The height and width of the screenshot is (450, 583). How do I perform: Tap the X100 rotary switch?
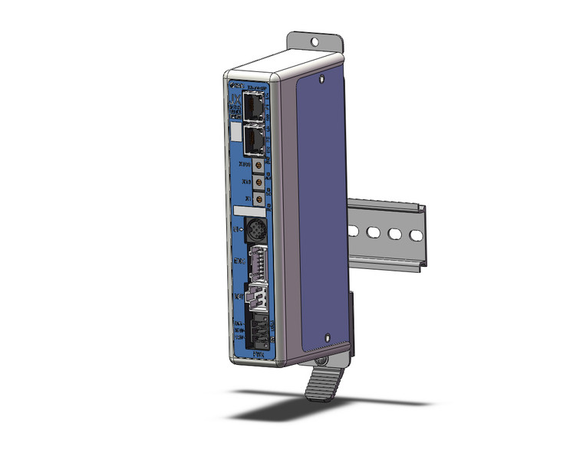coord(260,166)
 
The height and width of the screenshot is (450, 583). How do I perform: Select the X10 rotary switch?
coord(260,183)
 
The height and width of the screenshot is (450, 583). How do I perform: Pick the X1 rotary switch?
coord(260,200)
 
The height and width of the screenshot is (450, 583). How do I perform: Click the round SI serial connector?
coord(255,228)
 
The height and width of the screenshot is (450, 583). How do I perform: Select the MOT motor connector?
coord(255,295)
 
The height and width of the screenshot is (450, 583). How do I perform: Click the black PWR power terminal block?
coord(259,330)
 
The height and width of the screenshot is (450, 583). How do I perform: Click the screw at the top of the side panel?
coord(324,78)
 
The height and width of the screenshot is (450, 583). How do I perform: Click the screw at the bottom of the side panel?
coord(328,336)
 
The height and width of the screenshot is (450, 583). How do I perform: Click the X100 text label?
coord(245,163)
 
